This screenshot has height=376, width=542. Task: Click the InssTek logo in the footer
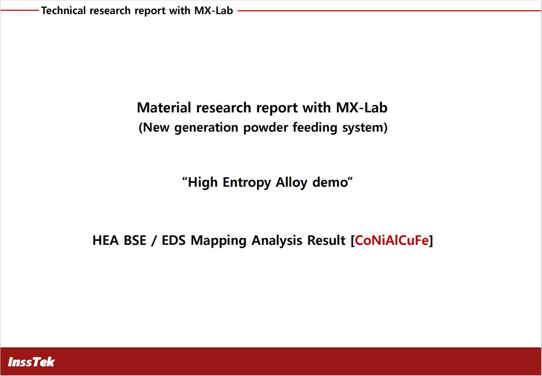tap(31, 362)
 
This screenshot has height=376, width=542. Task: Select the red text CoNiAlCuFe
tap(392, 240)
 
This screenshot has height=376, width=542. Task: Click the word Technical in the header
tap(63, 10)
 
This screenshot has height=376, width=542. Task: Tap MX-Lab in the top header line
tap(214, 10)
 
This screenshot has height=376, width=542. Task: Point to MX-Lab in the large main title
tap(362, 107)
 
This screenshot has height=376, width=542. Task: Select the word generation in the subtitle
tap(206, 128)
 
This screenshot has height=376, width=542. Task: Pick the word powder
tap(265, 128)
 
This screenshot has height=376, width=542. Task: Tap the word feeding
tap(315, 128)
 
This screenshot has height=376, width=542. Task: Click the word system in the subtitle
tap(363, 128)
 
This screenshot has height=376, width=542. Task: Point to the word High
tap(203, 182)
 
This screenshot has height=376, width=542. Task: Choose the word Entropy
tap(247, 182)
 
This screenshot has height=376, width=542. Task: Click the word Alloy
tap(292, 182)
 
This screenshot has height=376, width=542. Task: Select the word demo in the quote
tap(330, 182)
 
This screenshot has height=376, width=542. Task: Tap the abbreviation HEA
tap(106, 240)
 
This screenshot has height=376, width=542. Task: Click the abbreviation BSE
tap(135, 240)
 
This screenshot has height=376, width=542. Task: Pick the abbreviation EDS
tap(174, 240)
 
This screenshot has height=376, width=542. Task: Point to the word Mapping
tap(219, 241)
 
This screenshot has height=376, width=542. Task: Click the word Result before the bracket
tap(326, 240)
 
